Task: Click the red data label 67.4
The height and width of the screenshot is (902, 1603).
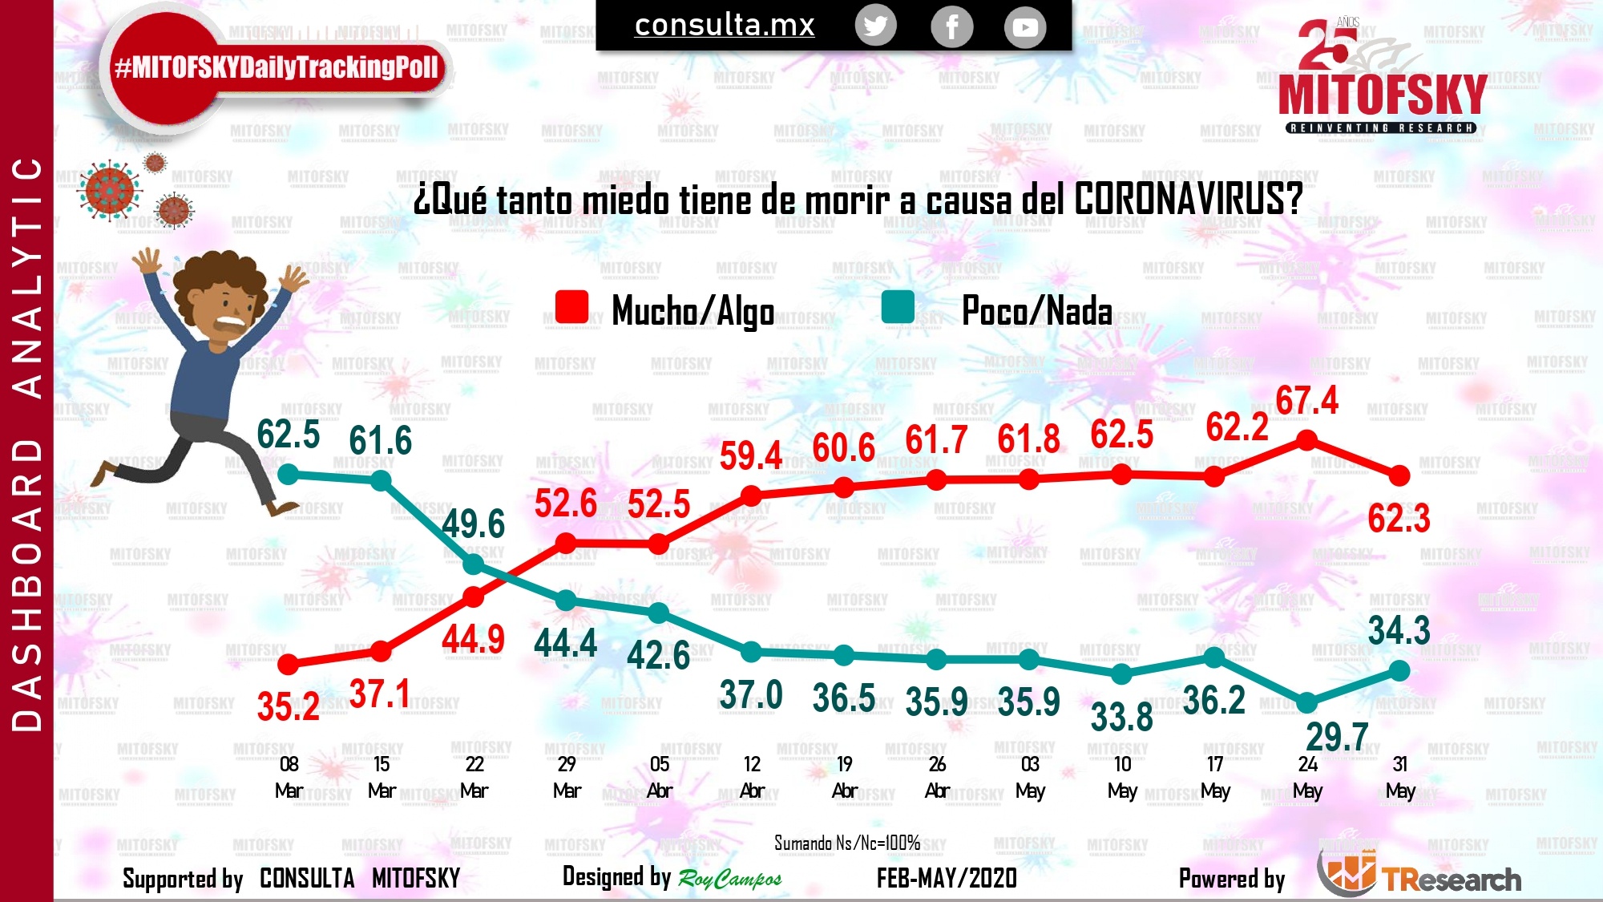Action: click(x=1306, y=401)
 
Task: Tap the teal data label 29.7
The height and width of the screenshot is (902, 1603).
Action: click(x=1336, y=737)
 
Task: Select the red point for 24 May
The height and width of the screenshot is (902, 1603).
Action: click(x=1306, y=440)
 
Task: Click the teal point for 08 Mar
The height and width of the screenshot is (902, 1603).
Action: click(x=289, y=475)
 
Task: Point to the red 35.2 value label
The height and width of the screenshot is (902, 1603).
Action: click(x=289, y=707)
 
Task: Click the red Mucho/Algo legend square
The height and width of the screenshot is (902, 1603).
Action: click(x=571, y=307)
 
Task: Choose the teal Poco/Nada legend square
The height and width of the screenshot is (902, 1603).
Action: click(x=898, y=307)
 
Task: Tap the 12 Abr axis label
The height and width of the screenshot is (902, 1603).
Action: click(x=752, y=777)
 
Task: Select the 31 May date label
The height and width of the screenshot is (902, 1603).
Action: click(x=1400, y=777)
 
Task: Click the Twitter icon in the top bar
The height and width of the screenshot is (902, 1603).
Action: click(x=875, y=26)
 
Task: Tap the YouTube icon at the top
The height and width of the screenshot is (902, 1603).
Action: click(x=1025, y=27)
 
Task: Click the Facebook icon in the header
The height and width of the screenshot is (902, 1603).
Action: click(x=951, y=27)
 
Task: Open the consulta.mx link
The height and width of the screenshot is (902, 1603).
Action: click(x=725, y=26)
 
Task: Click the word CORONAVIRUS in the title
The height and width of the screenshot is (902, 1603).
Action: click(x=1188, y=199)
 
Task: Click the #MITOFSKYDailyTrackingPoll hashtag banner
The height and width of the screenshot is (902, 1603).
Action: click(x=277, y=67)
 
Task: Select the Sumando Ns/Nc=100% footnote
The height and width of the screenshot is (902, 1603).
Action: click(x=846, y=843)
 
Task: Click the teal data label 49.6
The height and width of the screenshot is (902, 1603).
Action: click(x=473, y=524)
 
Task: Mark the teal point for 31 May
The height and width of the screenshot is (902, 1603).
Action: click(x=1399, y=671)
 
